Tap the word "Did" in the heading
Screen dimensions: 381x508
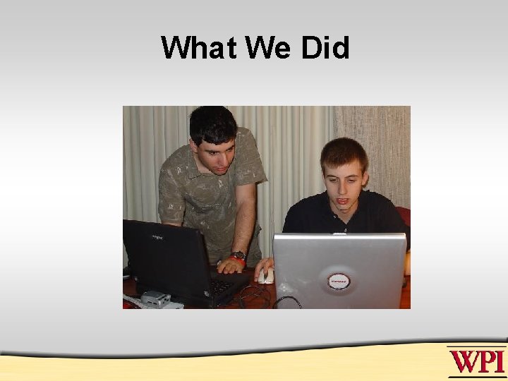tap(325, 49)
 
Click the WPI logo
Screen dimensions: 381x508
tap(477, 361)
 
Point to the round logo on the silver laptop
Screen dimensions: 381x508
tap(339, 282)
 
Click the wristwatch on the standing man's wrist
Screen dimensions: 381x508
tap(238, 255)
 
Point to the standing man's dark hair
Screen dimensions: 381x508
tap(212, 122)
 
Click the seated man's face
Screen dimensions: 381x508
tap(344, 181)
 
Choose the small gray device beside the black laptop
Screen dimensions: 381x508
tap(157, 298)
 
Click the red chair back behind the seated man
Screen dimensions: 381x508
tap(404, 216)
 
